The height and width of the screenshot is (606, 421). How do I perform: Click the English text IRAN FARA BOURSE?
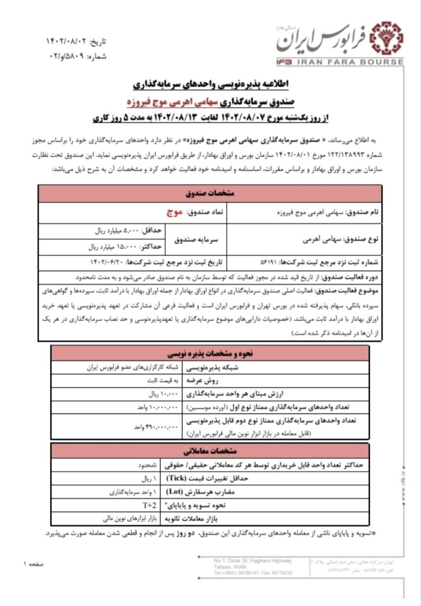[350, 62]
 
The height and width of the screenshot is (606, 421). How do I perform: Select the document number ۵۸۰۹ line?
[78, 56]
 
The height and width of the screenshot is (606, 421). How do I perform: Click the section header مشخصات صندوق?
[210, 194]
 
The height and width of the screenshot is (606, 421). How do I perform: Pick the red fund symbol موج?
[169, 213]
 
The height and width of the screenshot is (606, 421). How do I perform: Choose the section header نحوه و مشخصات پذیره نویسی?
[210, 354]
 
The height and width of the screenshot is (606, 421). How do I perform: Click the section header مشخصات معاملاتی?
[210, 451]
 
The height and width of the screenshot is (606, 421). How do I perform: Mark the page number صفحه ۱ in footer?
[33, 564]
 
